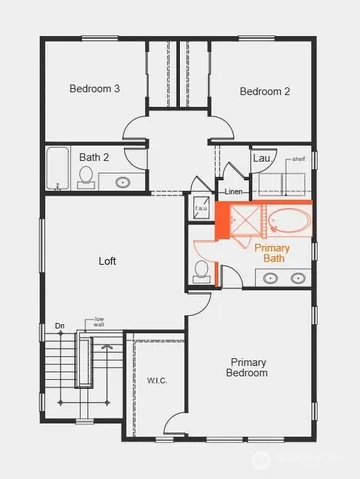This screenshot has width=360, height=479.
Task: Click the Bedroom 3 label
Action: point(94,89)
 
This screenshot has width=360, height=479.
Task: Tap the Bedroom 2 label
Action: point(265,91)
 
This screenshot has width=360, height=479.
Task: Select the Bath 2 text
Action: point(94,157)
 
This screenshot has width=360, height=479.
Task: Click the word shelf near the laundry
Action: point(298,157)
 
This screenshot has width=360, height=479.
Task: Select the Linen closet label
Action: point(235,191)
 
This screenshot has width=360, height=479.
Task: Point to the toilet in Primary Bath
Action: point(202,270)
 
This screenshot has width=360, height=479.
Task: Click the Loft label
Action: point(108,261)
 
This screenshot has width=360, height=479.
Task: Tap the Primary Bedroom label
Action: point(249,367)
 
